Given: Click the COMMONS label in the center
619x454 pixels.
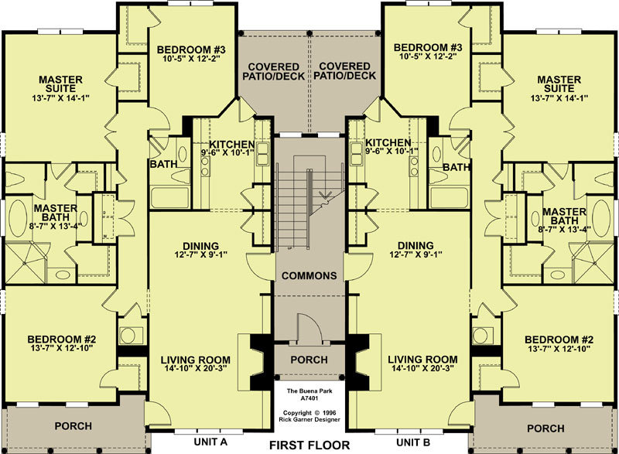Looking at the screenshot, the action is [x=309, y=275].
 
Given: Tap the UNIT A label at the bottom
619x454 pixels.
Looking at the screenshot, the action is [x=210, y=442].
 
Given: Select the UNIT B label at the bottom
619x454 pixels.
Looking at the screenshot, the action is [x=413, y=442].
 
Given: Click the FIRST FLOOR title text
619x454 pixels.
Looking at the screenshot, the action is [x=309, y=445].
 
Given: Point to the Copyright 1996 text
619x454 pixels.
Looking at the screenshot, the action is [x=309, y=413].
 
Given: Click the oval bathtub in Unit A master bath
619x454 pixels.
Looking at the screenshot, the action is [x=17, y=219].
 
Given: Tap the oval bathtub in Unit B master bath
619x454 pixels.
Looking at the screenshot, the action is [x=601, y=219].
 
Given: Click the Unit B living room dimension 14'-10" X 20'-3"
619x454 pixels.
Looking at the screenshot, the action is [x=422, y=368].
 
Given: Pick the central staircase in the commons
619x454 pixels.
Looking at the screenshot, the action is [x=309, y=203].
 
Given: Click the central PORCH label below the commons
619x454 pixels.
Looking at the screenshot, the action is [x=309, y=360].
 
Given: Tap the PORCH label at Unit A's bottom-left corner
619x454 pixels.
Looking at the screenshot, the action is [x=74, y=426].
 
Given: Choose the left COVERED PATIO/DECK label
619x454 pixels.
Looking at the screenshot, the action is [x=274, y=71].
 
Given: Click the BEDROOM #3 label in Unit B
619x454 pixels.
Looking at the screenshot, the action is [x=428, y=48].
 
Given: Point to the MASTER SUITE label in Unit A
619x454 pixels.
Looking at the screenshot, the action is [x=61, y=84].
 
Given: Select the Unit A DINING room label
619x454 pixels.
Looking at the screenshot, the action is [x=200, y=246].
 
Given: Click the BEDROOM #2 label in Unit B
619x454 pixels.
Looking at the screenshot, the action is [x=559, y=340].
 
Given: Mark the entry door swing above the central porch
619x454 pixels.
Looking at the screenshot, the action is [x=307, y=326].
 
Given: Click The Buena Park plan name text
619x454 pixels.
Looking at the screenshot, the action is [x=309, y=391].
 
